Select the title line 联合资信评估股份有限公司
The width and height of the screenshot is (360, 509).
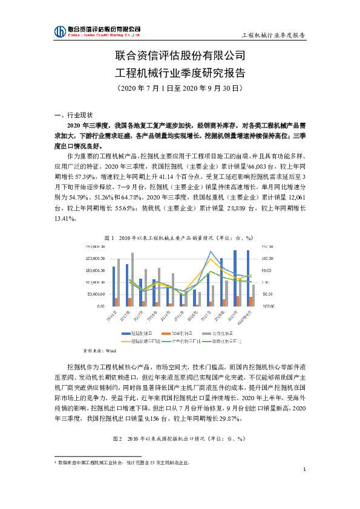pyautogui.click(x=180, y=57)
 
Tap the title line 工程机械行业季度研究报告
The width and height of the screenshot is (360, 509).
pyautogui.click(x=180, y=73)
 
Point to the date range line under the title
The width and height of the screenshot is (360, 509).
pyautogui.click(x=180, y=88)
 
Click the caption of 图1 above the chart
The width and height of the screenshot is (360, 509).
pyautogui.click(x=179, y=238)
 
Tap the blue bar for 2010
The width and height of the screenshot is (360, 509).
pyautogui.click(x=113, y=287)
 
